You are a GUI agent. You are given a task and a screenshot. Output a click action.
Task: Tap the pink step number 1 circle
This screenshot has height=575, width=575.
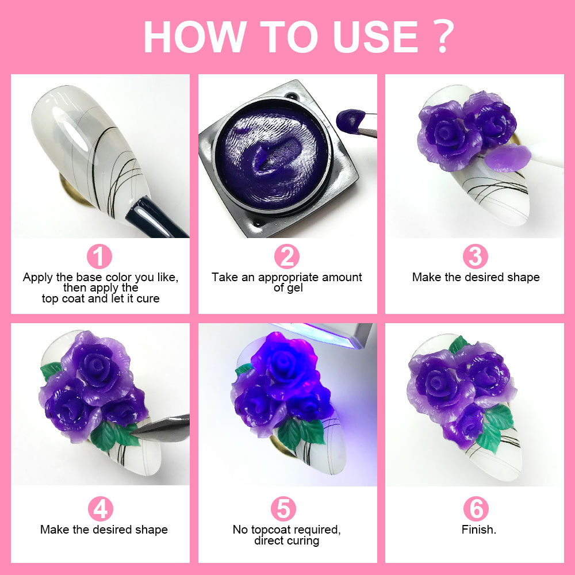[99, 256]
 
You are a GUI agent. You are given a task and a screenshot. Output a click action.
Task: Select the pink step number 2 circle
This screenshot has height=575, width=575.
[287, 256]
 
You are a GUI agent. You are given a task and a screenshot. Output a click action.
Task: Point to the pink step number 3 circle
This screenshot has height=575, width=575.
[475, 256]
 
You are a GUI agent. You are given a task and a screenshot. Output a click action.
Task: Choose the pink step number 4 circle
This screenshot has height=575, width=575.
[101, 509]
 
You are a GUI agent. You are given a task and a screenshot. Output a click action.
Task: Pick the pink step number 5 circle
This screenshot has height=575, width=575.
[286, 509]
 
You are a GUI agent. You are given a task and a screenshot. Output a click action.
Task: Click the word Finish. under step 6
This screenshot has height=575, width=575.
[478, 530]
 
